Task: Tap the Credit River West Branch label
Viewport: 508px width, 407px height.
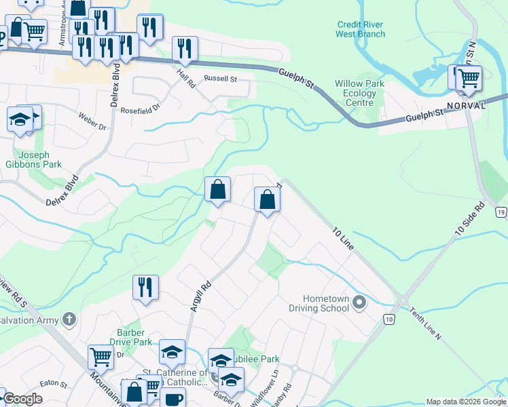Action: [x=361, y=29]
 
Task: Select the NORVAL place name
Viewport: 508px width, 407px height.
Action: [x=466, y=106]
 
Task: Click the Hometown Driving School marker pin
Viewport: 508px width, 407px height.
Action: [x=359, y=303]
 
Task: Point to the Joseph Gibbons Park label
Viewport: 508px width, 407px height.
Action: [x=39, y=159]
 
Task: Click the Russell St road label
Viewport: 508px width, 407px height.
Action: [x=220, y=79]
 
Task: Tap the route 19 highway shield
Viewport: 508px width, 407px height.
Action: [x=501, y=213]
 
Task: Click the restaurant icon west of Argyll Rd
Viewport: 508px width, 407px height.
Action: [x=145, y=287]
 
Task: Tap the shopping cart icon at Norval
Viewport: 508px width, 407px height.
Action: [x=468, y=77]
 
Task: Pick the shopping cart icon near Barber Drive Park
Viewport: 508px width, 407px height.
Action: [x=101, y=356]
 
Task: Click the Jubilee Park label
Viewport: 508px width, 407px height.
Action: [x=257, y=359]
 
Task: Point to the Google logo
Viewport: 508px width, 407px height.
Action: [x=22, y=399]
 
